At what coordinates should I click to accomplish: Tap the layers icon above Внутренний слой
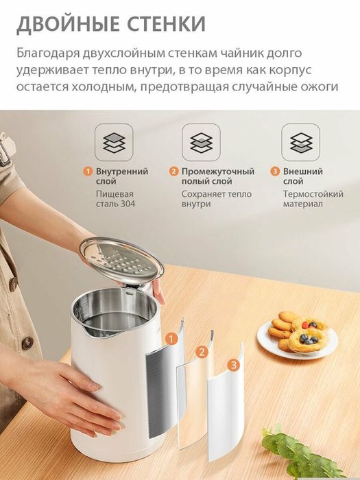[x=114, y=143]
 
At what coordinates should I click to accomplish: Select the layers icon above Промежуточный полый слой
[x=201, y=143]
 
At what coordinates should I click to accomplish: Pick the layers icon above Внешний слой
[x=300, y=143]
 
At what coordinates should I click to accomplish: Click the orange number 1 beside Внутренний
[x=88, y=171]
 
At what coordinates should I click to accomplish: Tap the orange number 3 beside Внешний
[x=275, y=171]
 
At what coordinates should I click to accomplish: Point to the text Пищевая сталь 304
[x=116, y=200]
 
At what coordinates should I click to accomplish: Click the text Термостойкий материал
[x=313, y=200]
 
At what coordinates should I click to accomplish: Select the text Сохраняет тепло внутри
[x=216, y=200]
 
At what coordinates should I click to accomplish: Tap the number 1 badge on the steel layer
[x=171, y=337]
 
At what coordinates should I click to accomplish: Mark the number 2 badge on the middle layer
[x=202, y=352]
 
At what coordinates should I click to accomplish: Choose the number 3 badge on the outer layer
[x=235, y=365]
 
